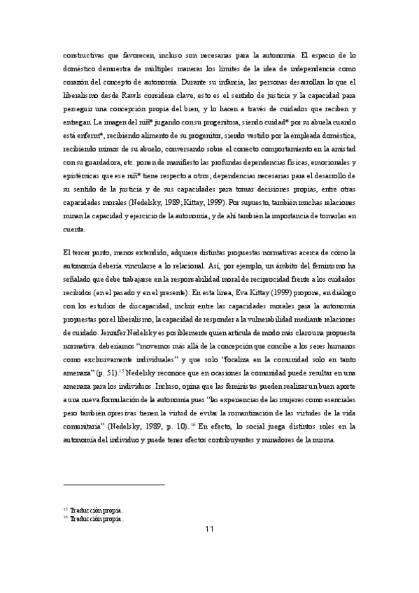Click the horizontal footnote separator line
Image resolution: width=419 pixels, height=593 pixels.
[x=113, y=484]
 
